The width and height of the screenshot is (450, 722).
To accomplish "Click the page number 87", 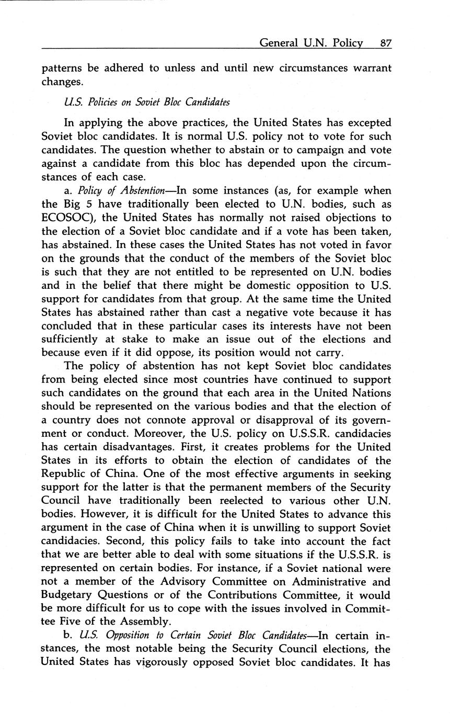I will (386, 43).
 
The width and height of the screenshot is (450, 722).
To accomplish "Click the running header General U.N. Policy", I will (311, 43).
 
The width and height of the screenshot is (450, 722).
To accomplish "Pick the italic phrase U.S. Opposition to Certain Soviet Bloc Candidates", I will (192, 636).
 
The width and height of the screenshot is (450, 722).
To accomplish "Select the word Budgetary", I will (67, 595).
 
